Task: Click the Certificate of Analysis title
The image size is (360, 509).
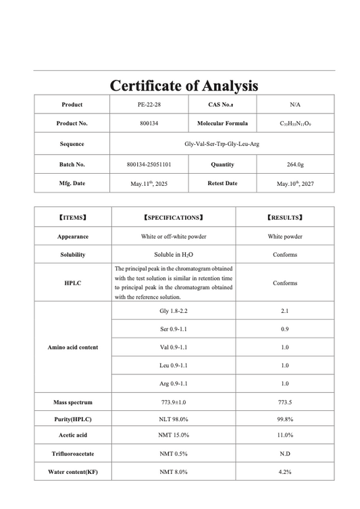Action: pos(184,86)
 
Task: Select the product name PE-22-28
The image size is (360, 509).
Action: pos(149,105)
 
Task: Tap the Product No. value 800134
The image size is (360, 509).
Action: pos(149,124)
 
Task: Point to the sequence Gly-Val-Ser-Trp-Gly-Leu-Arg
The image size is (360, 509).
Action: pos(222,143)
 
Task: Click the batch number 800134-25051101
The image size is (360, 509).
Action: pos(149,164)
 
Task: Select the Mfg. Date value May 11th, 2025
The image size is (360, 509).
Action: pos(149,183)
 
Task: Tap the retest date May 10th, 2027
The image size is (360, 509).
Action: pos(295,183)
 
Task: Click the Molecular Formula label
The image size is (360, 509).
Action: pos(222,124)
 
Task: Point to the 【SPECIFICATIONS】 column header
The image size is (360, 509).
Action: pos(173,218)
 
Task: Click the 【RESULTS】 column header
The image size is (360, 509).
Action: pos(285,218)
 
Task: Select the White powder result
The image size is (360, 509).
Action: pos(285,237)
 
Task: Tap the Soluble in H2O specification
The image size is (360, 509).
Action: pos(173,255)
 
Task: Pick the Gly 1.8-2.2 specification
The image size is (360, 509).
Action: pos(173,310)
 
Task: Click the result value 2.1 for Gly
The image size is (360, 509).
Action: pos(285,310)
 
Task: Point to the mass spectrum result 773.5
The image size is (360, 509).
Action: pos(285,402)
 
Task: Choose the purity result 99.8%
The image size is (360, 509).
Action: pos(285,419)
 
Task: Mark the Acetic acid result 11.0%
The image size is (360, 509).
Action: pos(285,436)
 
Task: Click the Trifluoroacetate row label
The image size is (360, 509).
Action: pos(72,454)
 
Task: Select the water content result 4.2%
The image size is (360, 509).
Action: pos(285,472)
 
